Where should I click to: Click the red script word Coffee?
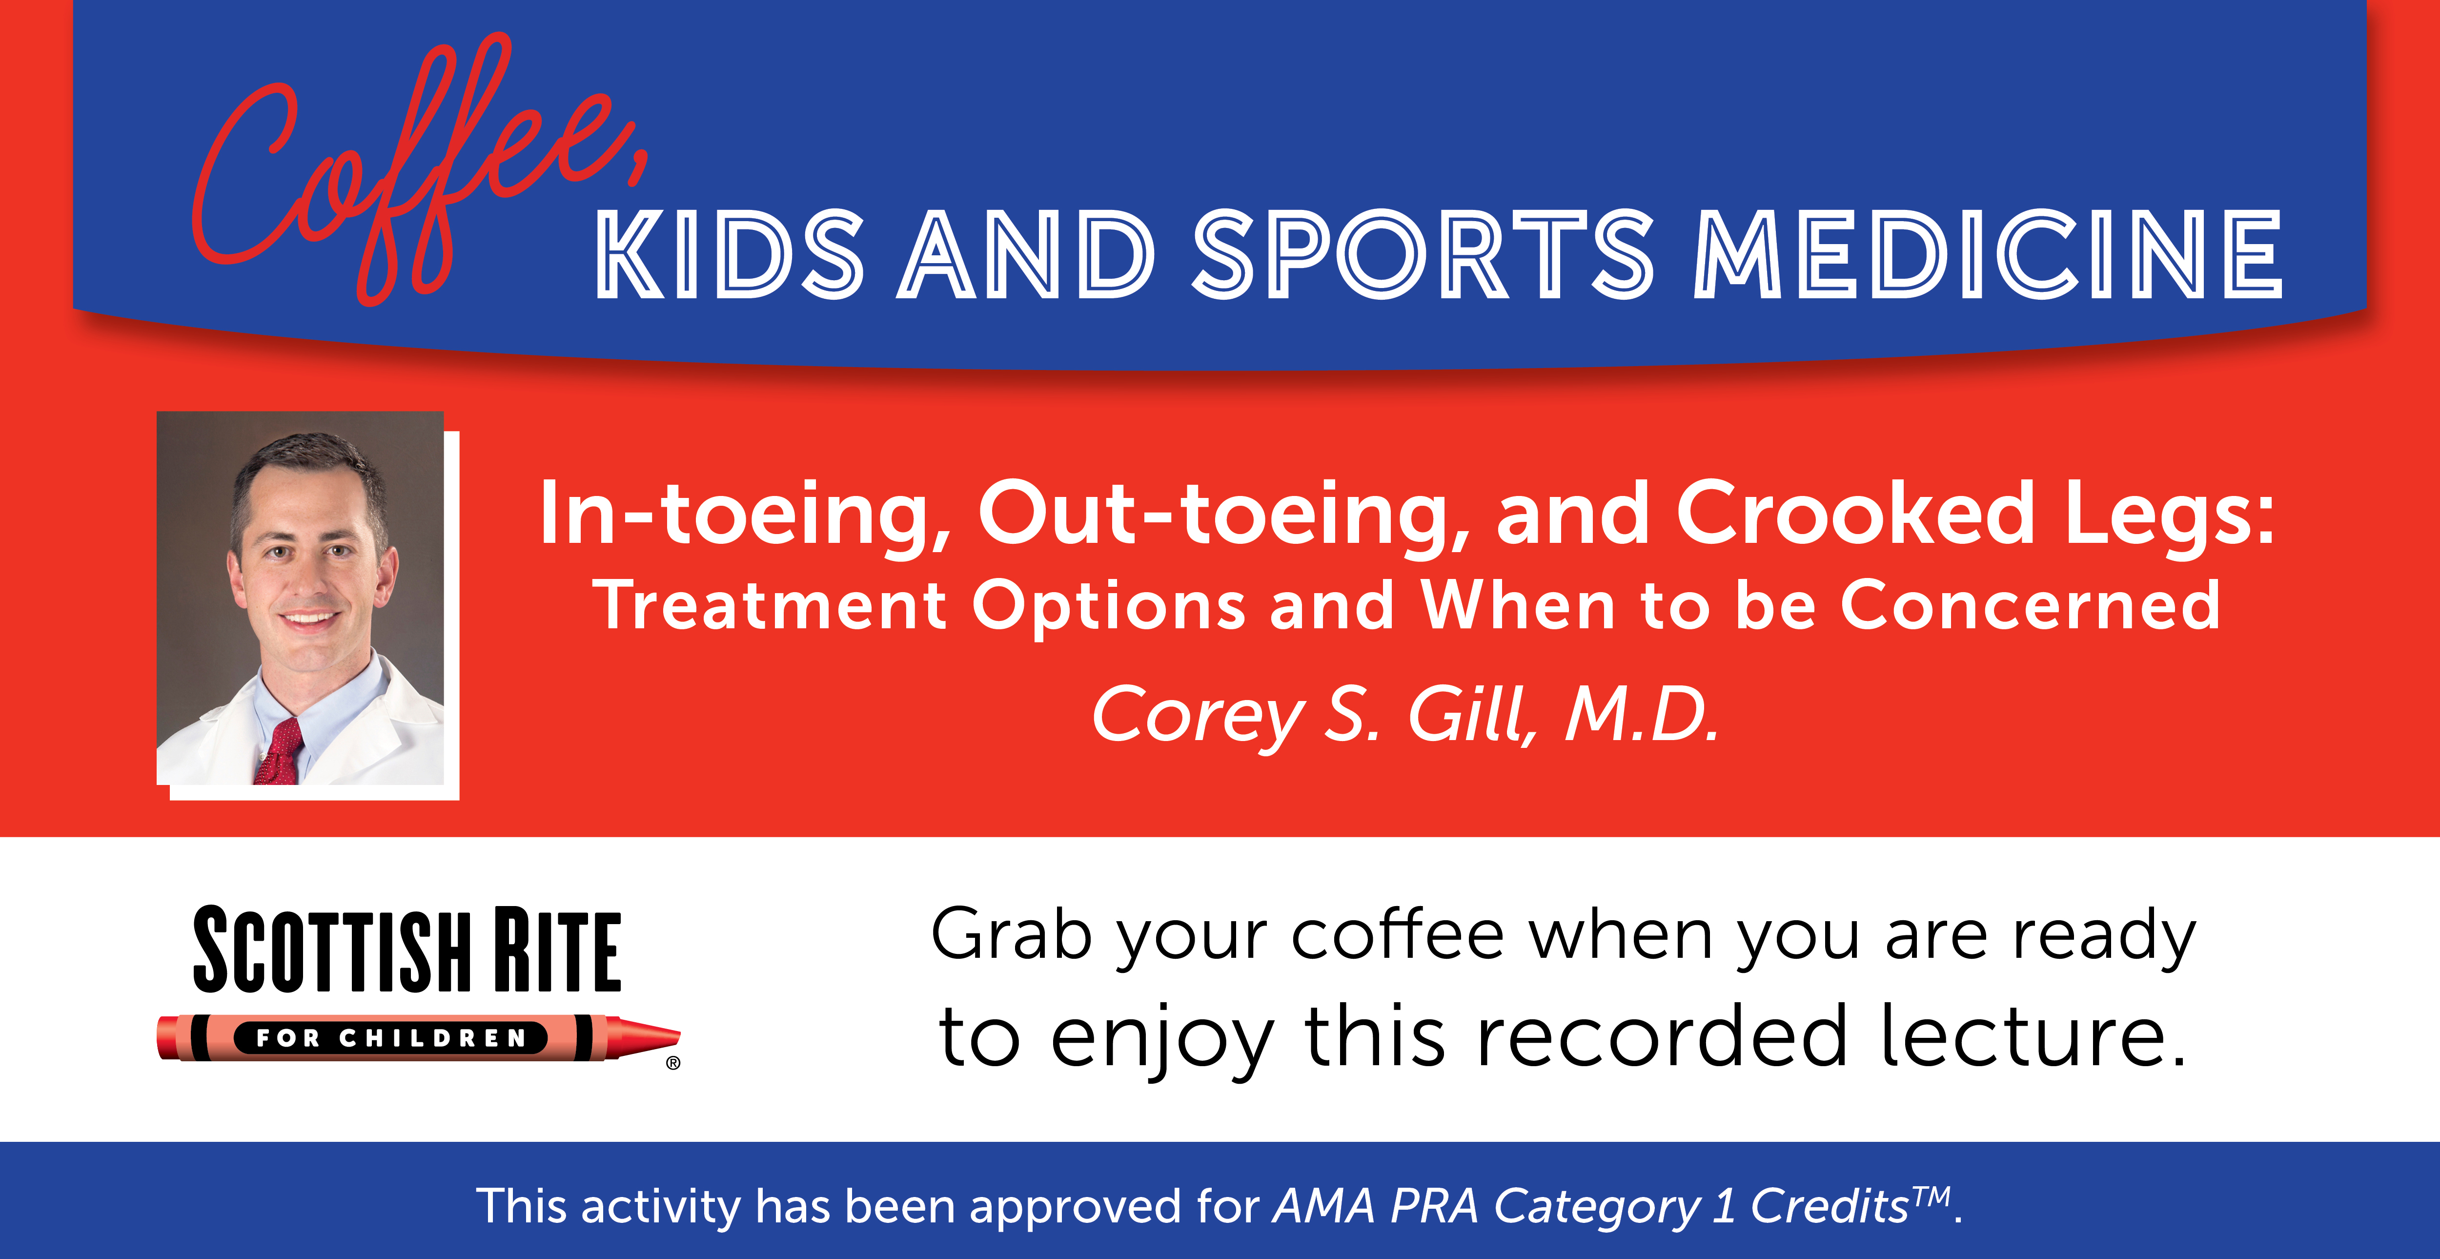[417, 170]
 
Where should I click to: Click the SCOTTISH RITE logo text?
[407, 950]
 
